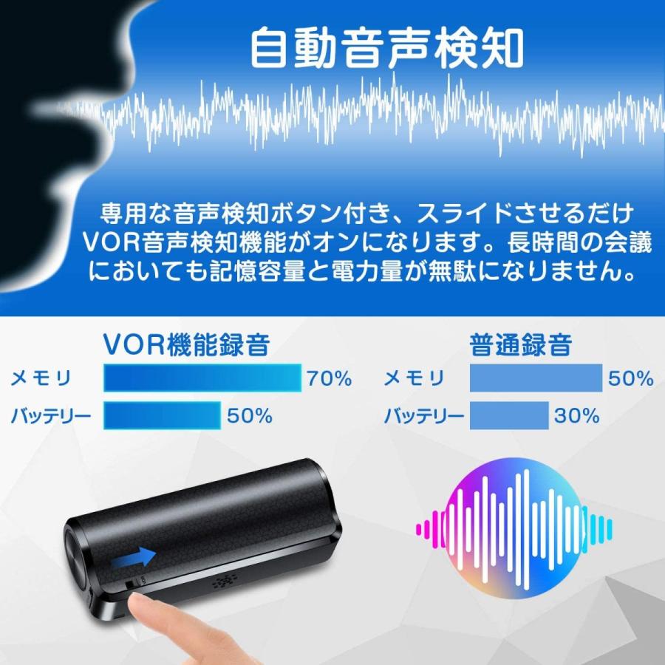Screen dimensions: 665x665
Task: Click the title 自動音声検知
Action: [386, 47]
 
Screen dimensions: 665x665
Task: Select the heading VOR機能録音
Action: [187, 344]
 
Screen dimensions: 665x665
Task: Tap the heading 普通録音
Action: [520, 344]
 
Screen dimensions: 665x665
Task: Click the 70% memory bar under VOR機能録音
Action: [202, 378]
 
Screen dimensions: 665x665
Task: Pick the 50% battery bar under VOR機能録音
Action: [162, 415]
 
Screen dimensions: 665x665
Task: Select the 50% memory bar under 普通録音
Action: [536, 378]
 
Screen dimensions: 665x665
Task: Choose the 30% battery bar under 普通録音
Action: [509, 415]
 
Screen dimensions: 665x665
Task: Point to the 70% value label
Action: [329, 378]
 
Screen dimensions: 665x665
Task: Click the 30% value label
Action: [576, 415]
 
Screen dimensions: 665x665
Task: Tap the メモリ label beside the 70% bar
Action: [41, 378]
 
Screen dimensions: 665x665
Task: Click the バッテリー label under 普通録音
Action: [423, 415]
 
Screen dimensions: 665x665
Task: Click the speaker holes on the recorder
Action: [224, 581]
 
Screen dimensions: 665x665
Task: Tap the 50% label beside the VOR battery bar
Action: [250, 415]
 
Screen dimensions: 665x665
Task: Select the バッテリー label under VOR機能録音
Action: [50, 415]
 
